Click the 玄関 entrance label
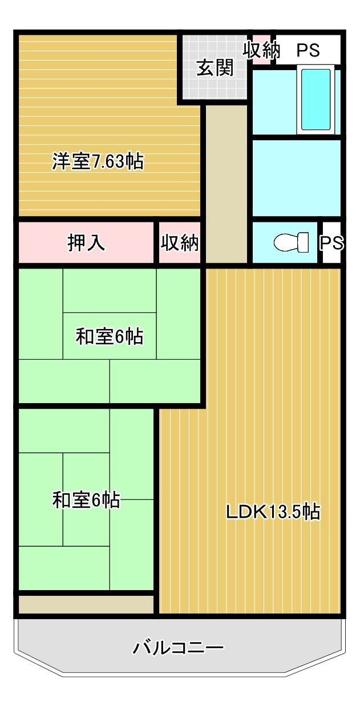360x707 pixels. (x=215, y=67)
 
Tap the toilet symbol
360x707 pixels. (x=291, y=242)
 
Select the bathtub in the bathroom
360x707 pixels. (x=315, y=99)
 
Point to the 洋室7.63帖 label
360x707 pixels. (x=98, y=161)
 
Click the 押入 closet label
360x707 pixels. (x=86, y=243)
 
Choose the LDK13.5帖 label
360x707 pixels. (x=273, y=511)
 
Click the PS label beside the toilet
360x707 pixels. (x=331, y=243)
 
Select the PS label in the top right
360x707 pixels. (x=308, y=50)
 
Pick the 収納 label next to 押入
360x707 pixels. (x=180, y=243)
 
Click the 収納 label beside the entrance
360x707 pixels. (x=261, y=50)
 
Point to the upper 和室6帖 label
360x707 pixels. (x=110, y=336)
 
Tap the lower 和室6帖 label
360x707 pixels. (x=86, y=500)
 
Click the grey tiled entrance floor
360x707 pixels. (x=215, y=67)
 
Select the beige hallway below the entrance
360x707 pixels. (x=226, y=184)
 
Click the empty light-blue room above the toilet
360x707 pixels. (x=297, y=178)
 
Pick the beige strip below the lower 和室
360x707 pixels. (x=86, y=604)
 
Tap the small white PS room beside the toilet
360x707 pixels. (x=331, y=242)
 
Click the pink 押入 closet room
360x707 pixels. (x=86, y=242)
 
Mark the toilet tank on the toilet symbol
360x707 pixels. (x=303, y=242)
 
